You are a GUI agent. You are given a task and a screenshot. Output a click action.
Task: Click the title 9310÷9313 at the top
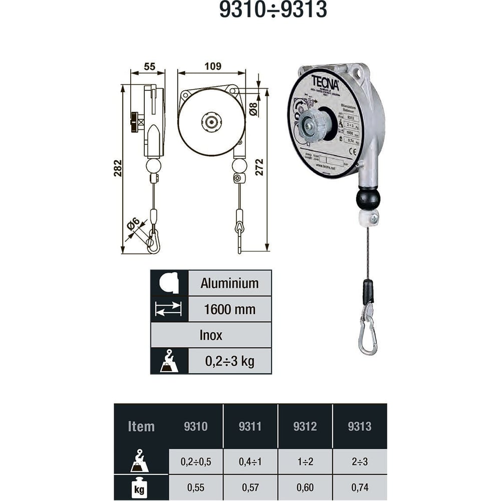tap(273, 10)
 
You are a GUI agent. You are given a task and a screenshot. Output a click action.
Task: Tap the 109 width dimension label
tap(212, 66)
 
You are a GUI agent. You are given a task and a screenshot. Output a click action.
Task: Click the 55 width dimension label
tap(149, 66)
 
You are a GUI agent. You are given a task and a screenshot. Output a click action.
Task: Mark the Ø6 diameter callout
tap(132, 224)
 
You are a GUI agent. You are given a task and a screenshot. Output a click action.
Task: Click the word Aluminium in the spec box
tap(229, 283)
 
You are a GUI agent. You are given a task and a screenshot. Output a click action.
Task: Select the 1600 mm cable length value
tap(229, 309)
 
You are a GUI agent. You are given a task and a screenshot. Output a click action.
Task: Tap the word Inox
tap(211, 335)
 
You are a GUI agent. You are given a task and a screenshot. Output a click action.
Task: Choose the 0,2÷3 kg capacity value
tap(229, 361)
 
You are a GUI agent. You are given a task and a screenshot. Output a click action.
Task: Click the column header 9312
tap(305, 426)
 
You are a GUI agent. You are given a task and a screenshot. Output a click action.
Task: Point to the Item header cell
tap(141, 426)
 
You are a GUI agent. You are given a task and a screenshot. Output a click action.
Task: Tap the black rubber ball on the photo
tap(368, 199)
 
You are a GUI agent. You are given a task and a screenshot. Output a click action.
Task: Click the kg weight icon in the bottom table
tap(139, 488)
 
